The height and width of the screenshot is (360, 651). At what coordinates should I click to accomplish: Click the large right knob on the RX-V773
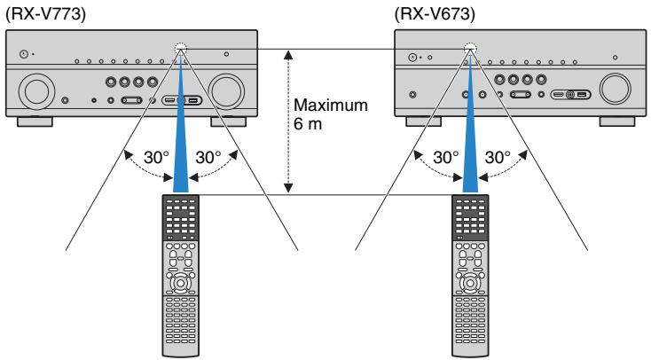point(227,90)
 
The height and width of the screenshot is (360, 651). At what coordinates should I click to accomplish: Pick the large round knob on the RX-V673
point(614,90)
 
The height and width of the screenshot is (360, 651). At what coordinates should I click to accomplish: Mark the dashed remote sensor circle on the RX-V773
point(184,50)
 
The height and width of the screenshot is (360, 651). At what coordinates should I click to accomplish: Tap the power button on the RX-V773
point(24,55)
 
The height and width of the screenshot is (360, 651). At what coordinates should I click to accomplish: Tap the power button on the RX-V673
point(414,57)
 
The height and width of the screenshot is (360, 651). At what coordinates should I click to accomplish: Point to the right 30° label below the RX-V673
point(498,158)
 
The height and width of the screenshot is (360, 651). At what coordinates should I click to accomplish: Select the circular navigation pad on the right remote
point(466,286)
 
